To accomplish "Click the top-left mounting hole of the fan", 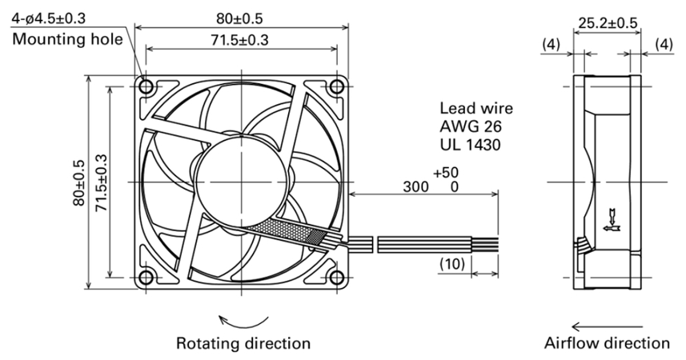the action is click(146, 86).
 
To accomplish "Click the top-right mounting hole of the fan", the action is click(336, 86).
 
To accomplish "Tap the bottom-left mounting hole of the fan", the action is click(146, 278).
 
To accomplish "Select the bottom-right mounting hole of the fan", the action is click(336, 278).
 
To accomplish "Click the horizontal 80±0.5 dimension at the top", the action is click(239, 18).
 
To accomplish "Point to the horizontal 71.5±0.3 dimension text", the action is click(239, 40).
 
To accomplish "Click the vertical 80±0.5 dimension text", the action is click(79, 183).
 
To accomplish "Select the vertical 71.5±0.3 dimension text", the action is click(101, 183).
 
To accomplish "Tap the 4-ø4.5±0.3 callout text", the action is click(49, 18).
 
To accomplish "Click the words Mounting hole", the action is click(67, 39).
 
